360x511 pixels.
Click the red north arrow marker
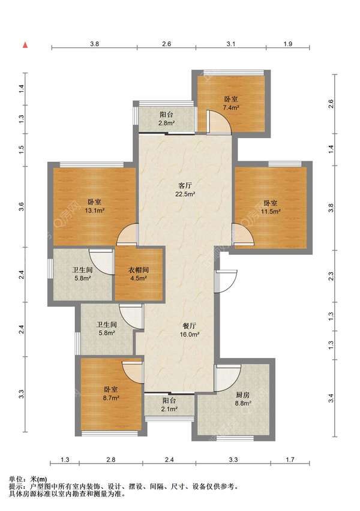(x=25, y=45)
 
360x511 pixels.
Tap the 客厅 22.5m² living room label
(x=185, y=190)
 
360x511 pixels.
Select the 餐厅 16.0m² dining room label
(x=190, y=330)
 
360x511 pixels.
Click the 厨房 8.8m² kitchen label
(x=243, y=399)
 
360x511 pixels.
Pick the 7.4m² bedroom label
(x=231, y=103)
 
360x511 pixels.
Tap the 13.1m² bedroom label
(x=95, y=206)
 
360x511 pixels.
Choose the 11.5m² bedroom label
(x=271, y=207)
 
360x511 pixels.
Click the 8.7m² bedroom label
(x=111, y=393)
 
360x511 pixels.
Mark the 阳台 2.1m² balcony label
(x=169, y=405)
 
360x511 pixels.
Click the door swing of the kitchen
(x=227, y=378)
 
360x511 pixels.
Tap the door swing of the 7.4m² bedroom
(x=219, y=122)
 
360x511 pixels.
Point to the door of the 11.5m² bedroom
(x=244, y=234)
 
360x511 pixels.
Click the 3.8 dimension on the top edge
(x=95, y=44)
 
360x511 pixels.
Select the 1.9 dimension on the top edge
(x=288, y=44)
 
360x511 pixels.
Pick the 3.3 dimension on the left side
(x=22, y=394)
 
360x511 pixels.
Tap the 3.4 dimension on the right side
(x=331, y=398)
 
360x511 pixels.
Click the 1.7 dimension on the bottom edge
(x=290, y=459)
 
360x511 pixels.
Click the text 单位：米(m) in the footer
(x=28, y=479)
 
